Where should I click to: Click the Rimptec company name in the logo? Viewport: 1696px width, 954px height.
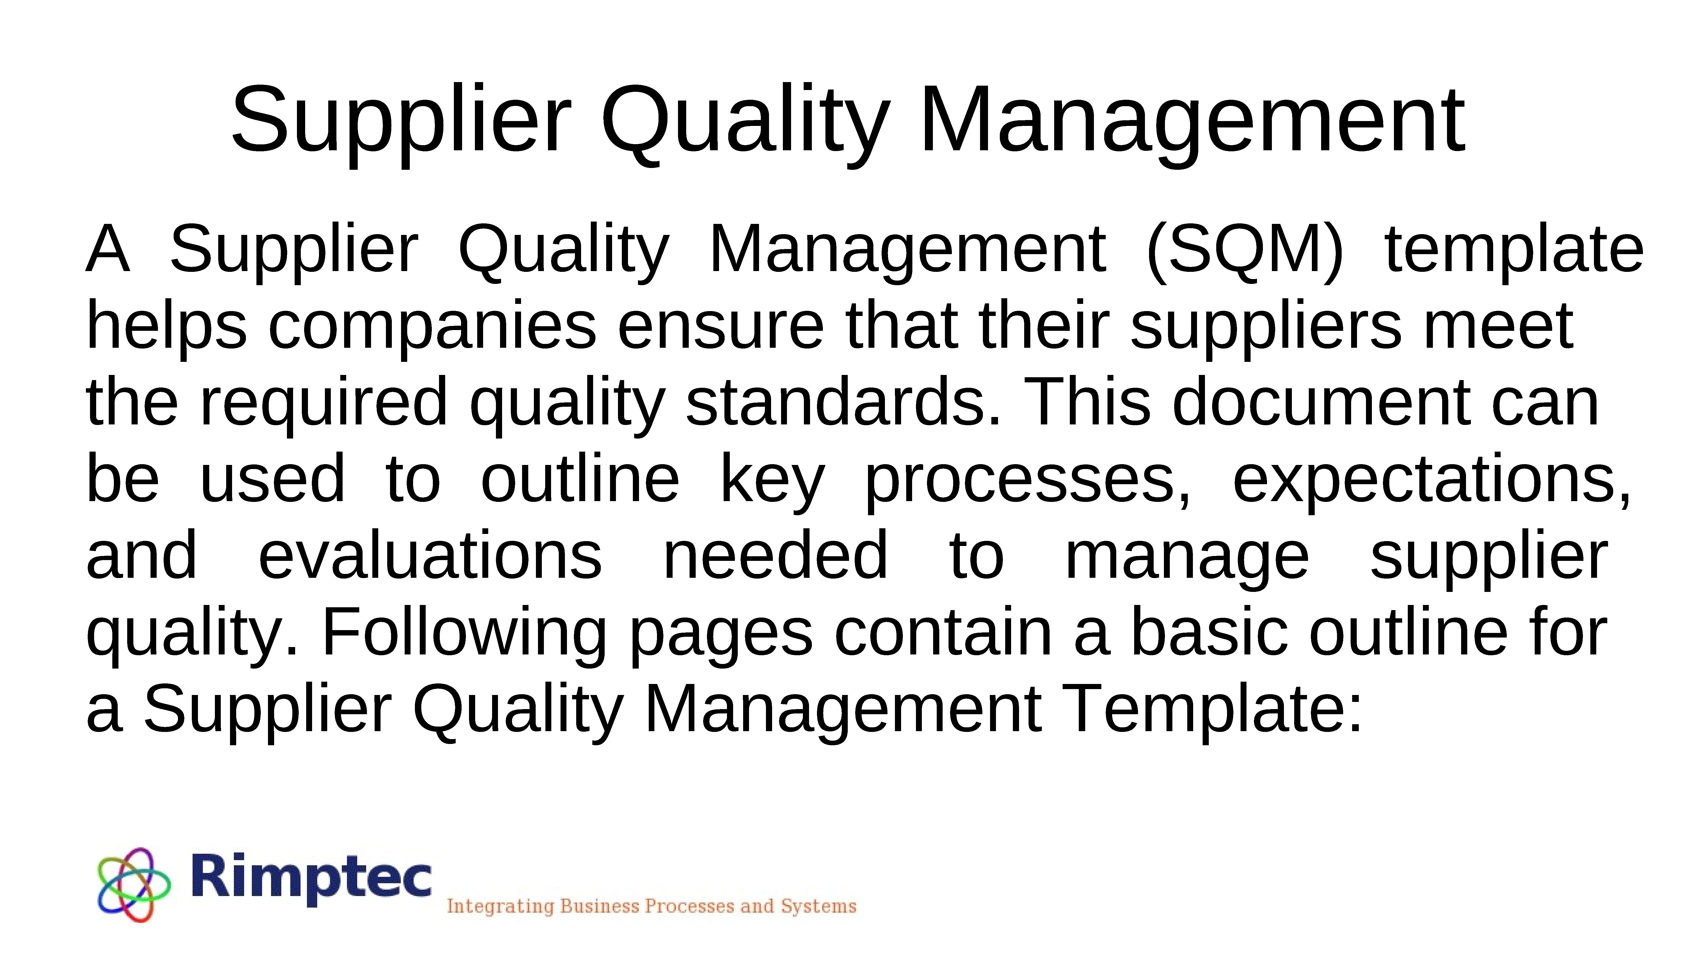coord(311,878)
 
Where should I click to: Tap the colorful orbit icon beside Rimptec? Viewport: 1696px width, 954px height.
coord(134,884)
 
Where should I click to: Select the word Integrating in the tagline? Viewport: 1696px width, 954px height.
coord(500,907)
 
